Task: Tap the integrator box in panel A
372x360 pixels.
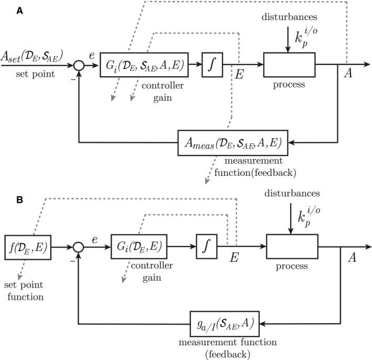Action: coord(211,65)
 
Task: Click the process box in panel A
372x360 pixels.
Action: coord(289,65)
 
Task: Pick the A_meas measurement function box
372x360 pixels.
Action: coord(230,141)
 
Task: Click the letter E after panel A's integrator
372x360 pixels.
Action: coord(239,75)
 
